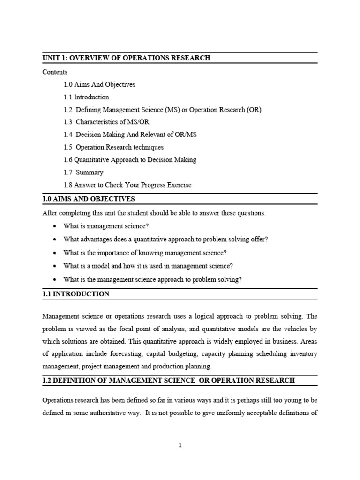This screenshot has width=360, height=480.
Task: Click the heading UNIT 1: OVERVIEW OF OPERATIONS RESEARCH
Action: pyautogui.click(x=126, y=58)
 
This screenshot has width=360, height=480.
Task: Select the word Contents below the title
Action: pyautogui.click(x=55, y=72)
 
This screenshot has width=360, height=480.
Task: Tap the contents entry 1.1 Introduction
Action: pyautogui.click(x=86, y=97)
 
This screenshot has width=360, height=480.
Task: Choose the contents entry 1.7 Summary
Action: pyautogui.click(x=83, y=172)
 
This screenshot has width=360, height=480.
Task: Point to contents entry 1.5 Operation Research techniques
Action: pyautogui.click(x=113, y=147)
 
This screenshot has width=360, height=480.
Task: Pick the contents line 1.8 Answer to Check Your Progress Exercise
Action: pyautogui.click(x=127, y=185)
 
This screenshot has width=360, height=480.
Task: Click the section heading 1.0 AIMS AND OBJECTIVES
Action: pyautogui.click(x=89, y=199)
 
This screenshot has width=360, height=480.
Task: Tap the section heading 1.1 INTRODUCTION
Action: pyautogui.click(x=76, y=294)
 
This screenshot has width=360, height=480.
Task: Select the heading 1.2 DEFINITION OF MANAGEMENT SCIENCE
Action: pyautogui.click(x=168, y=380)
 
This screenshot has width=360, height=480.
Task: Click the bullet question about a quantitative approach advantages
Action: pyautogui.click(x=165, y=239)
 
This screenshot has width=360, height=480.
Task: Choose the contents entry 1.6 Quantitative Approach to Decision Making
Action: pyautogui.click(x=130, y=160)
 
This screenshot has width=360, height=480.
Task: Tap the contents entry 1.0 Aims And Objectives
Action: pyautogui.click(x=99, y=84)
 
